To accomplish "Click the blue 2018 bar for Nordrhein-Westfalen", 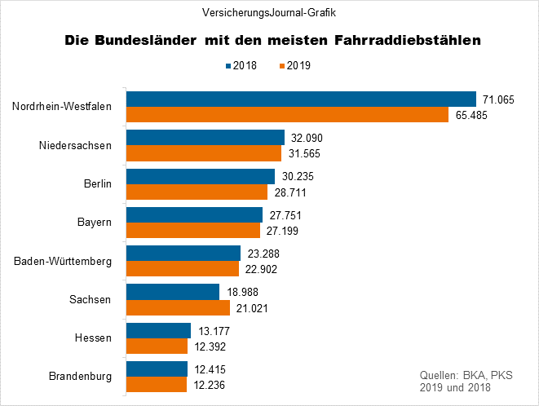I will pos(300,99).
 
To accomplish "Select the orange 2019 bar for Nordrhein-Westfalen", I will pos(287,114).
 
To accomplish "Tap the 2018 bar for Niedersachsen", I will pos(205,138).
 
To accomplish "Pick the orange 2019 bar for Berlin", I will pos(197,192).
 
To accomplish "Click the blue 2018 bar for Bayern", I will pos(194,214).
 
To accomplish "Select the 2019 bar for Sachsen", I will pos(178,308).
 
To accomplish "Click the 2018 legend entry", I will pos(241,65).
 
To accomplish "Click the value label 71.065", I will pos(499,99).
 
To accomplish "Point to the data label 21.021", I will pos(252,308).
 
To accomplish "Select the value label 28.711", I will pos(289,192).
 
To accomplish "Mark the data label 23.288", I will pos(263,254).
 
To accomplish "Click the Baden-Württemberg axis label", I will pos(63,261).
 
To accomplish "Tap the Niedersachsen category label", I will pos(75,146).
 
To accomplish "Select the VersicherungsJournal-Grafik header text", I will pos(269,12).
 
